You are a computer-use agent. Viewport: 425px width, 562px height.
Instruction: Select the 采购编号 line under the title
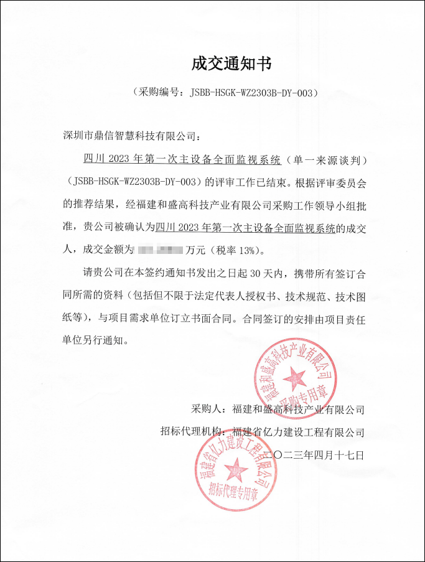(226, 93)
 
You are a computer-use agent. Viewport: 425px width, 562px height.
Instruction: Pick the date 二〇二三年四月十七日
(314, 455)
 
